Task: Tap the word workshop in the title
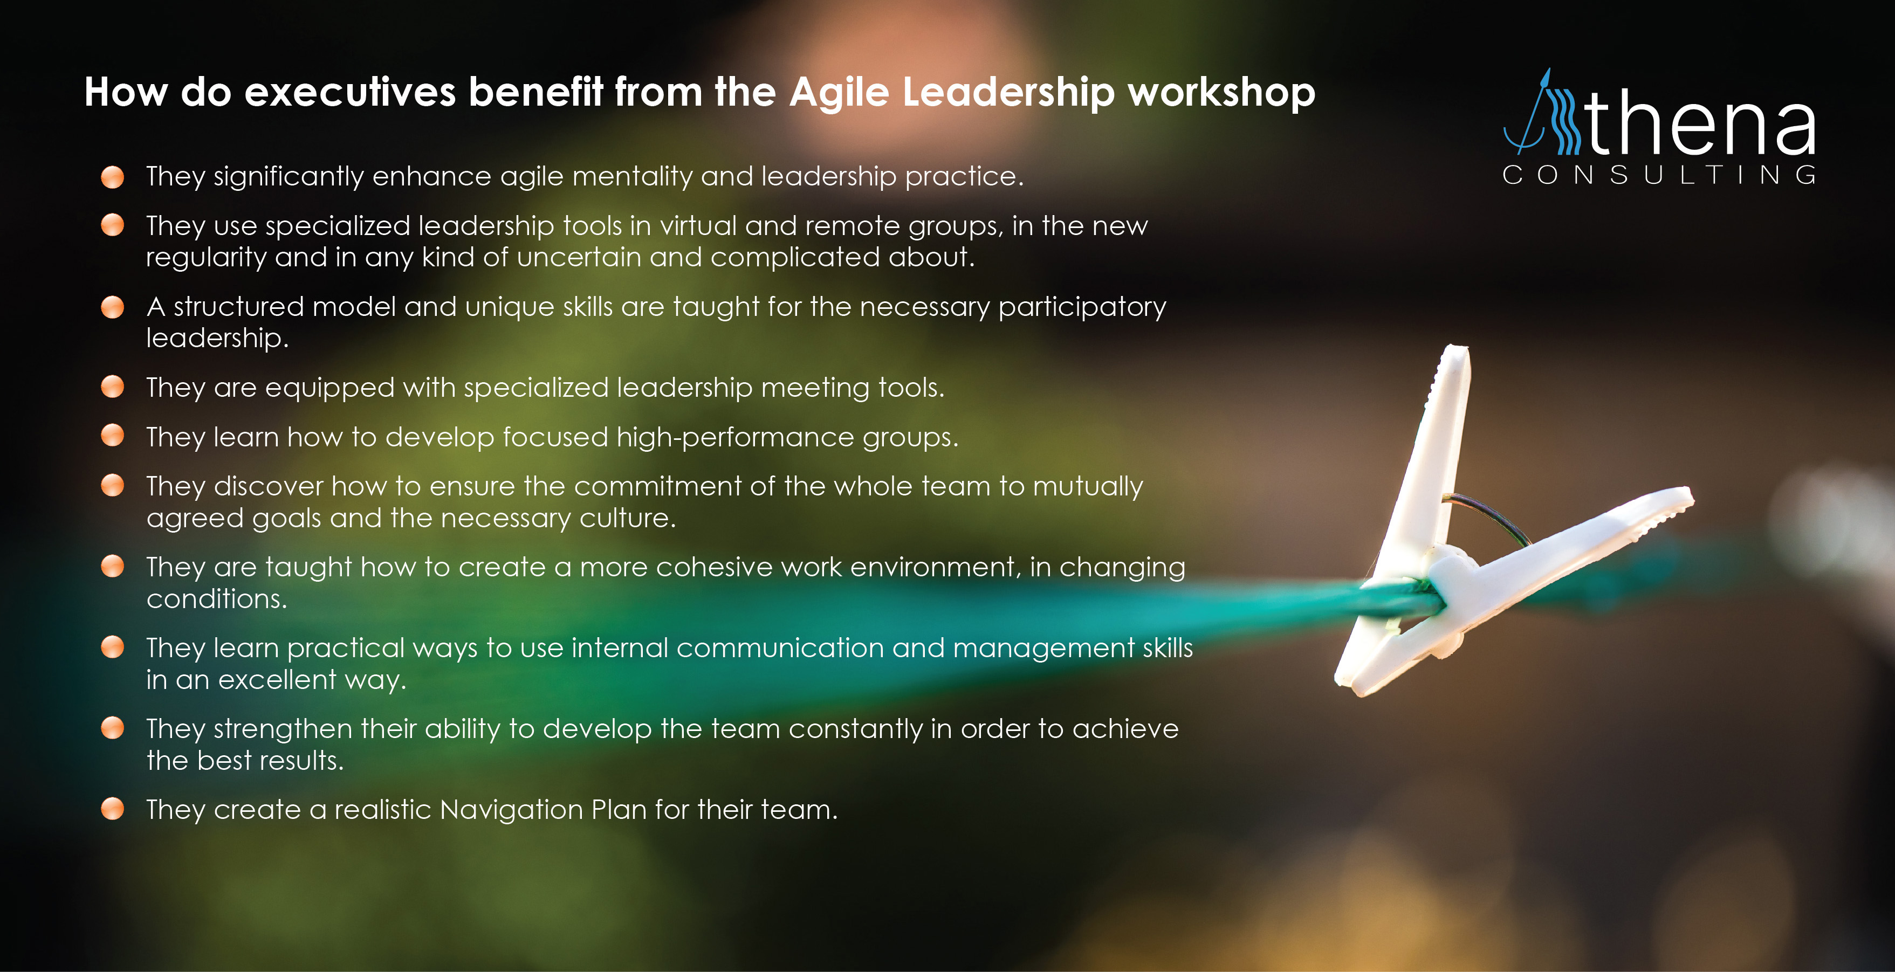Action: [x=1222, y=93]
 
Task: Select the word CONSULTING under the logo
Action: [x=1659, y=175]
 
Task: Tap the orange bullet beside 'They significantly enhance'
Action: [x=113, y=177]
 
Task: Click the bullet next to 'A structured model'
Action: [x=113, y=307]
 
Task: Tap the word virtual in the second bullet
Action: [x=698, y=226]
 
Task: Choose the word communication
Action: [x=780, y=649]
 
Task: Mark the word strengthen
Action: [x=283, y=730]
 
